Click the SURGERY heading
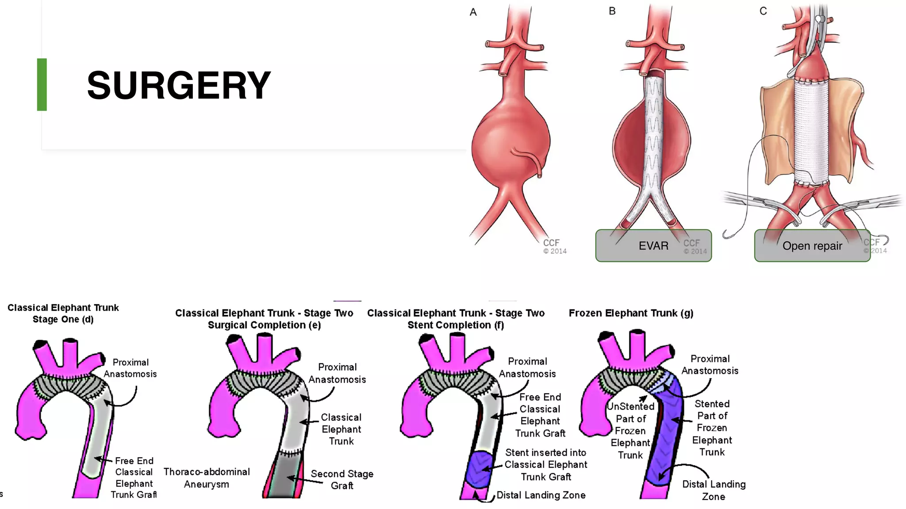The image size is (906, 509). [x=179, y=85]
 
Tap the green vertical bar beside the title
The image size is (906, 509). [x=42, y=84]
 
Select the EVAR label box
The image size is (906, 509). [x=653, y=246]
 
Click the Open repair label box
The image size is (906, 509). [x=812, y=246]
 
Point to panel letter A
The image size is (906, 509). [x=473, y=12]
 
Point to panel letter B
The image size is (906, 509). [x=612, y=11]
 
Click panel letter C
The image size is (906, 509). [x=763, y=11]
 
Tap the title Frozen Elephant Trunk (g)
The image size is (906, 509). [x=631, y=313]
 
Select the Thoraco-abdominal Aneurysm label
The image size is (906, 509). [x=207, y=478]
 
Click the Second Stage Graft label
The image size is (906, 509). [x=342, y=479]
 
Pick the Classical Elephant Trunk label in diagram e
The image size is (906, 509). [x=341, y=429]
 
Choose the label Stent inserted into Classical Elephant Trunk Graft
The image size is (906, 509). [x=546, y=464]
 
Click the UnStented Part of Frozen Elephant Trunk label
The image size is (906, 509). [x=630, y=430]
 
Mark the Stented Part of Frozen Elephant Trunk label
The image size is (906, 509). [x=712, y=428]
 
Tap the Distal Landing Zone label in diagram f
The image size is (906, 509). [x=541, y=495]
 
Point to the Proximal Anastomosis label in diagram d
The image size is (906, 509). [x=130, y=368]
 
